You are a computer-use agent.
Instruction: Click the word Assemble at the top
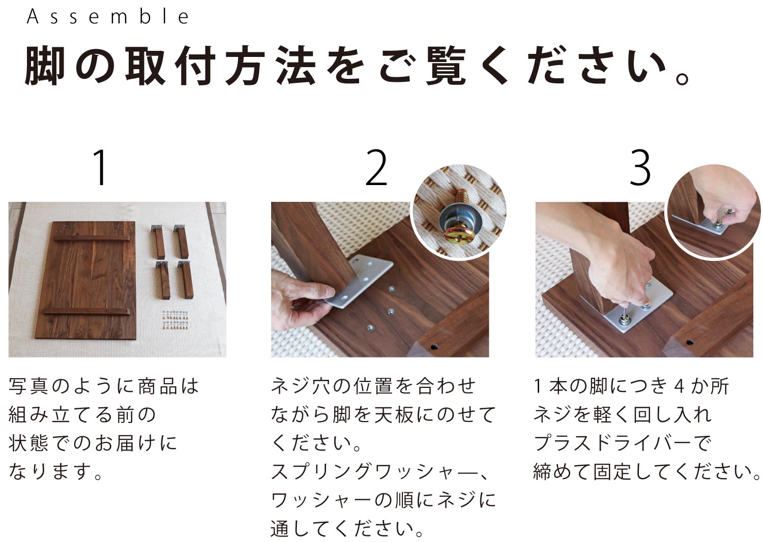[108, 17]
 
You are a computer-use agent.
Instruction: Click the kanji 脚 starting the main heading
[45, 66]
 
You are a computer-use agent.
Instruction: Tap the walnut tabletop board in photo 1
[85, 280]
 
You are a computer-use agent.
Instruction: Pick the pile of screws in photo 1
[176, 320]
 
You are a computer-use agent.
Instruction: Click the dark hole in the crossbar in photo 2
[434, 348]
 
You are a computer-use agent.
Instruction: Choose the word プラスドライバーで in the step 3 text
[623, 443]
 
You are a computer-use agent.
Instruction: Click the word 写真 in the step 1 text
[30, 386]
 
